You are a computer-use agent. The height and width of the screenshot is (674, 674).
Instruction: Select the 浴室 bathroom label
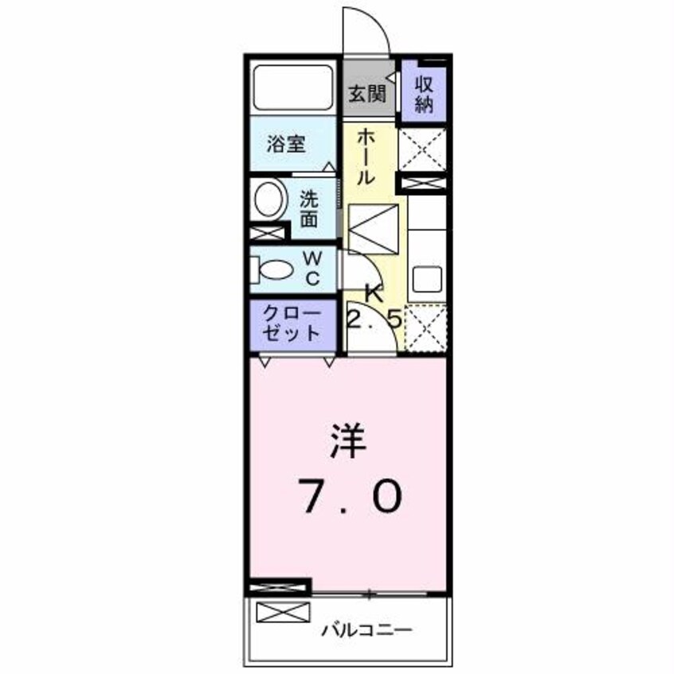tap(285, 145)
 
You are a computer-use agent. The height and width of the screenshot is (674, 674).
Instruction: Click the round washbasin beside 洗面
tap(268, 197)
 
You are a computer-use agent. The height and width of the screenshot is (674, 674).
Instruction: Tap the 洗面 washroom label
tap(311, 210)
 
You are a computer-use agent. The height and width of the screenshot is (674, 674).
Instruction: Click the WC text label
tap(312, 268)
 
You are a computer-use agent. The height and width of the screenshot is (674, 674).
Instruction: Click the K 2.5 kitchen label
tap(373, 308)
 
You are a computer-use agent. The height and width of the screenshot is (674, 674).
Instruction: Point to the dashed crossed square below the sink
tap(425, 328)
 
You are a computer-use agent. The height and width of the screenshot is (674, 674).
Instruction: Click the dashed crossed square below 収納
tap(421, 147)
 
